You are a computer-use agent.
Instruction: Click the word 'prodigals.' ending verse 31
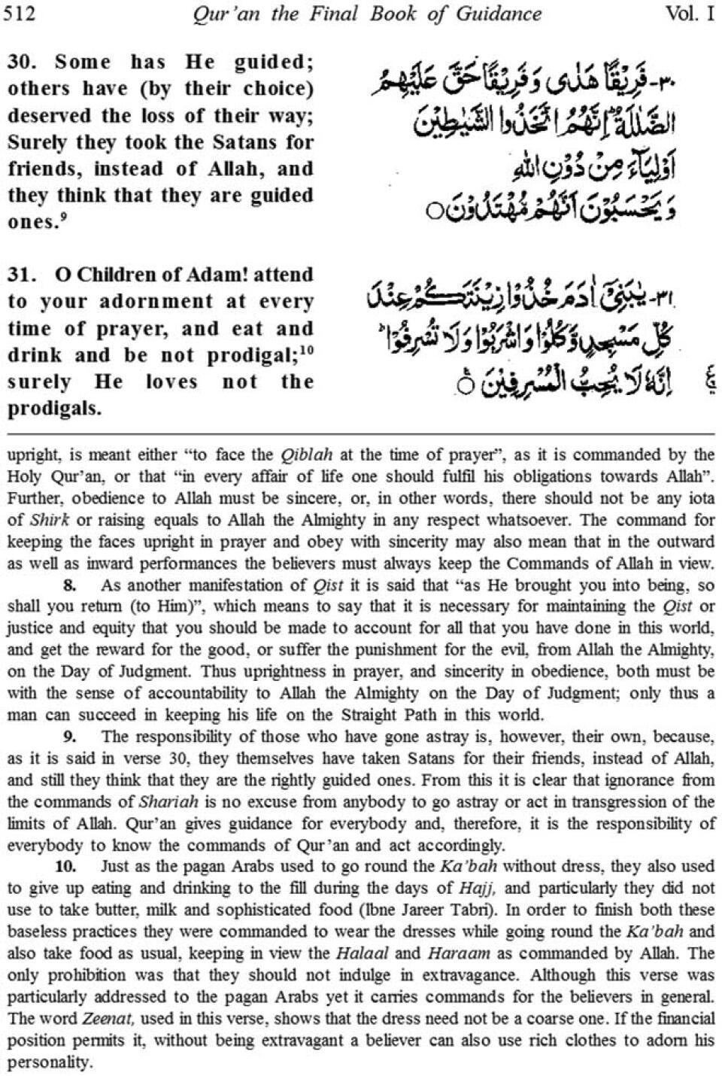click(53, 409)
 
